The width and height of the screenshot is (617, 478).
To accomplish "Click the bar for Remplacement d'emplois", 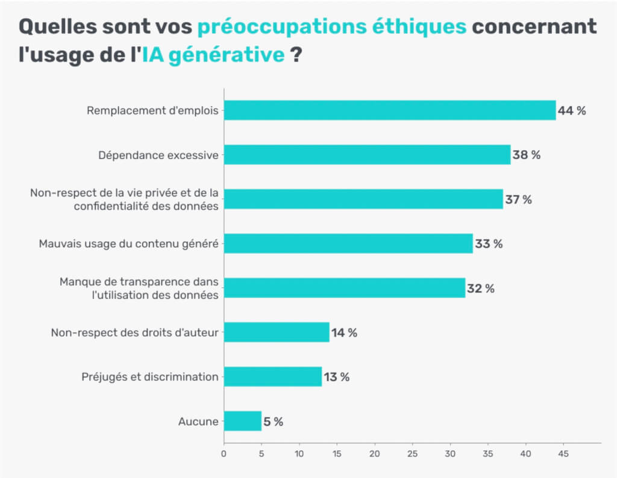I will tap(390, 110).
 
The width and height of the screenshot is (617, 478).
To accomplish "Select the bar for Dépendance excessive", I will tap(367, 155).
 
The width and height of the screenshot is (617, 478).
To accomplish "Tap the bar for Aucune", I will tap(243, 421).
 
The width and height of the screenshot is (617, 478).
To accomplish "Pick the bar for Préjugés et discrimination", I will tap(273, 377).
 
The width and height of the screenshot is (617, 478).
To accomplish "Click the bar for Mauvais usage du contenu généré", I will tap(348, 244).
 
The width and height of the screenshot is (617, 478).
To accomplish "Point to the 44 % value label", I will tap(571, 111).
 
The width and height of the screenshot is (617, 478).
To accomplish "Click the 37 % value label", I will tap(518, 200).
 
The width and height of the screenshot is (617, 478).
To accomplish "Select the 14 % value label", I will tap(344, 333).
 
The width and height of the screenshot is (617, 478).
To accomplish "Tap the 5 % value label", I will tap(274, 422).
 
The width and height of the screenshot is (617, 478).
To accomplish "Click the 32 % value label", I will tap(480, 289).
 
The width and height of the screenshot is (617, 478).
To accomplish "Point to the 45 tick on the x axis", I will tap(563, 453).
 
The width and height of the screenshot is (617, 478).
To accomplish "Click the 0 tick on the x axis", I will tap(224, 453).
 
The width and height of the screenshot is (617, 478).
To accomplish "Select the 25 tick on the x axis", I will tap(413, 453).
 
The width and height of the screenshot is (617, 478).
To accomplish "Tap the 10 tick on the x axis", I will tap(299, 453).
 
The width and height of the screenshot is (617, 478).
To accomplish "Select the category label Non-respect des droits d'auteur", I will tap(134, 332).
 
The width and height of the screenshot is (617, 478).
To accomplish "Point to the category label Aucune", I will tap(198, 421).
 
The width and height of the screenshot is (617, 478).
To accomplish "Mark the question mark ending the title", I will tap(296, 55).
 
